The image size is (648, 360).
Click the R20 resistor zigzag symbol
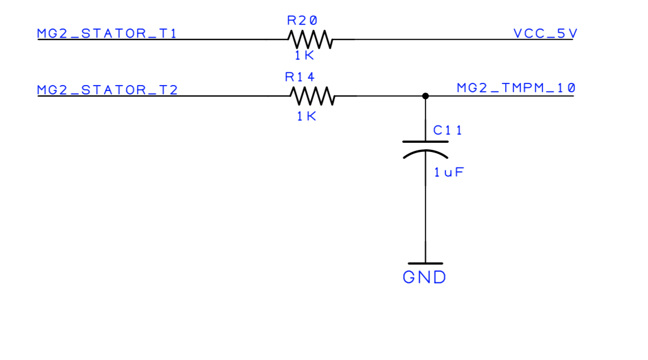point(310,39)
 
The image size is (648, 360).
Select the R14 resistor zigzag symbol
point(312,96)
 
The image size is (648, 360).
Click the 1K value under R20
point(305,56)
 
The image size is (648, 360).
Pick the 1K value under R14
point(307,116)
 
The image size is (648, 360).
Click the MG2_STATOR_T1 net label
point(107,33)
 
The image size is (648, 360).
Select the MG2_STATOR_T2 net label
point(107,89)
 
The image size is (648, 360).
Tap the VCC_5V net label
point(546,33)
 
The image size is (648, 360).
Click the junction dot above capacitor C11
point(425,96)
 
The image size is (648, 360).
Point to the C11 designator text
point(447,130)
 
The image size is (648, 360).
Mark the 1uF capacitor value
point(449,172)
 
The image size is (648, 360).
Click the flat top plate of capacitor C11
point(425,142)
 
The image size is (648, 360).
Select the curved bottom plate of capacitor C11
point(425,153)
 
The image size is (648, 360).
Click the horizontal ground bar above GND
point(425,263)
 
